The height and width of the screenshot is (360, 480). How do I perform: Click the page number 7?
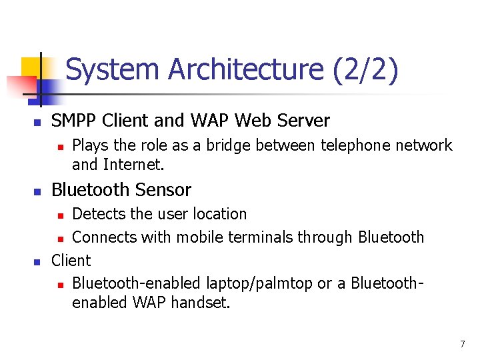click(x=462, y=344)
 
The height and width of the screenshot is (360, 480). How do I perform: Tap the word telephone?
click(x=359, y=145)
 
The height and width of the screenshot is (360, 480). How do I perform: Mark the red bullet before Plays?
click(x=59, y=146)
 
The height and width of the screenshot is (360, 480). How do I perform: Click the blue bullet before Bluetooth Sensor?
click(x=38, y=191)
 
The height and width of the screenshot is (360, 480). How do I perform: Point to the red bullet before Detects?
click(x=59, y=215)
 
